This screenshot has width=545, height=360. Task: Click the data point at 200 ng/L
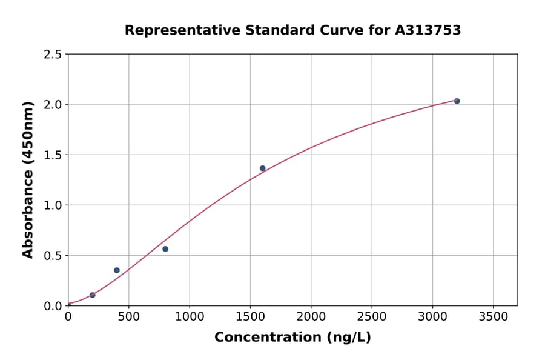point(93,295)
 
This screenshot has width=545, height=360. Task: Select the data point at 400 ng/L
point(117,270)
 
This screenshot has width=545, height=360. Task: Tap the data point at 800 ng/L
point(165,249)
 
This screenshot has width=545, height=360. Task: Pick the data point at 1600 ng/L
point(263,168)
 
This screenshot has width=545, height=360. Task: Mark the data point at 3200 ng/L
point(457,101)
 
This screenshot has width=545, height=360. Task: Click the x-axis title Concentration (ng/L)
point(292,338)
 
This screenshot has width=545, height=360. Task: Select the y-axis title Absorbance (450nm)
point(28,180)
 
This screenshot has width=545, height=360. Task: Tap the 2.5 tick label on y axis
point(53,55)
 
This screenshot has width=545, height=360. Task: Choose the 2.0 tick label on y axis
point(53,105)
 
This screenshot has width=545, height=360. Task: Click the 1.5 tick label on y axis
point(53,155)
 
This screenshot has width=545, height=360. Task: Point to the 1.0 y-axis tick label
point(53,205)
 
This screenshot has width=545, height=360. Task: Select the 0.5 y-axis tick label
point(53,256)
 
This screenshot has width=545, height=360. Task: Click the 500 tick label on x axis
point(128,316)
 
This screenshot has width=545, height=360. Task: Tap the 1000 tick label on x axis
point(190,316)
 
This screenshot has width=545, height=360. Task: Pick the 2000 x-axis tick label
point(311,316)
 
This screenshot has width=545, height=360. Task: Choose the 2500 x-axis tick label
point(372,316)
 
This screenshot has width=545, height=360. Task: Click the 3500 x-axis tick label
point(494,316)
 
